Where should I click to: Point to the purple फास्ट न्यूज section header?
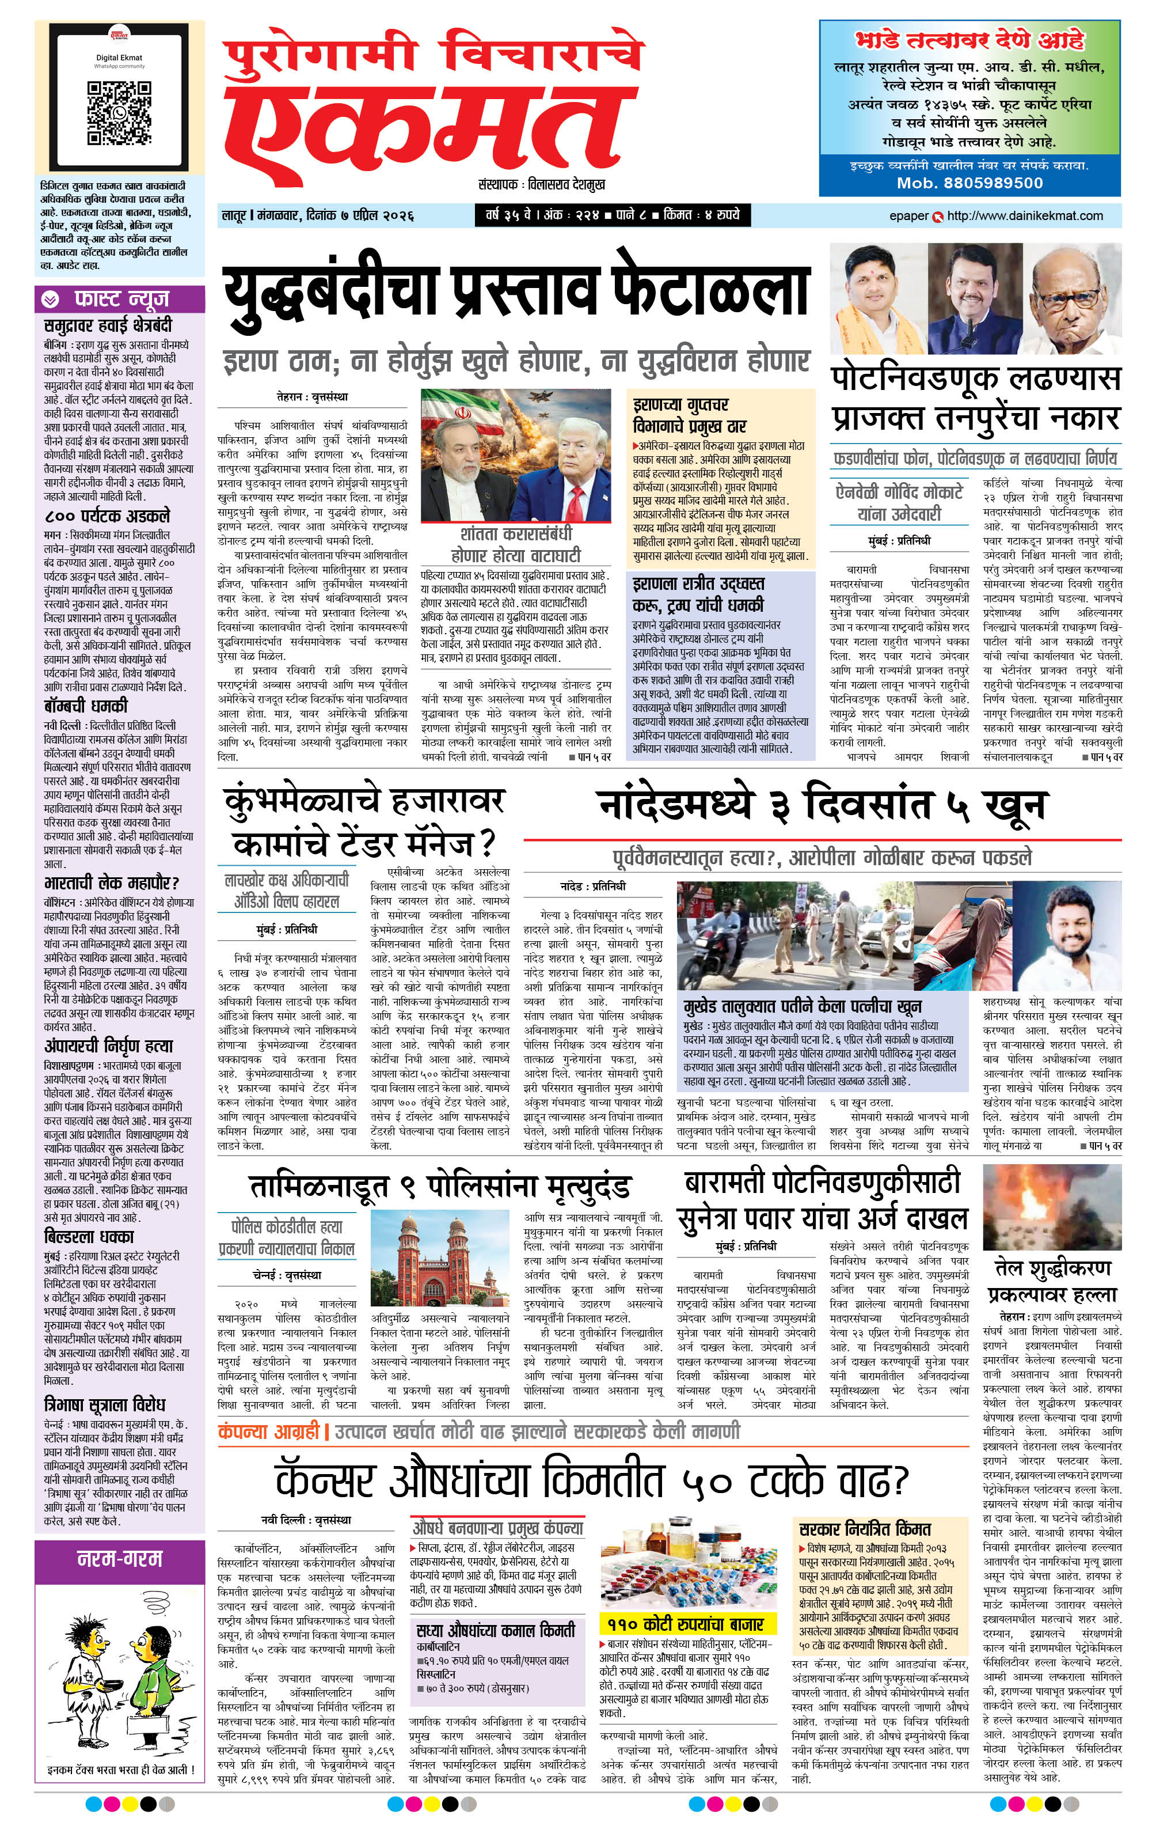pyautogui.click(x=120, y=299)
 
